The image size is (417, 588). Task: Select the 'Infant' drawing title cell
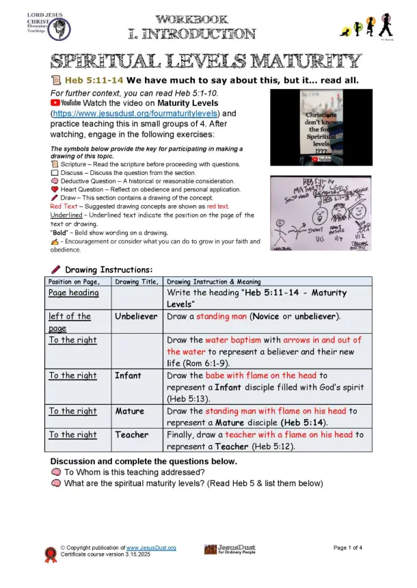[129, 375]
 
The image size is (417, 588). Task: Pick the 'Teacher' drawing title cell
[133, 434]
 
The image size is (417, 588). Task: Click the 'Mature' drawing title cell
[130, 411]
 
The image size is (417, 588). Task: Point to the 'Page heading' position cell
[74, 293]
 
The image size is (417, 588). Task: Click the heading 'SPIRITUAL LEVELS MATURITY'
[206, 61]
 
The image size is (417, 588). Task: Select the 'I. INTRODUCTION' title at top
[192, 33]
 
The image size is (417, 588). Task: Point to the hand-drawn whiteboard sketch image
[317, 215]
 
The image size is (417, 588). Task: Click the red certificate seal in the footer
[51, 554]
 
